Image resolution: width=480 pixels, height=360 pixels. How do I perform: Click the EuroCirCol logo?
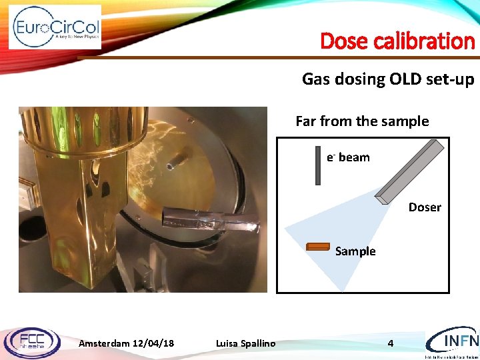[55, 27]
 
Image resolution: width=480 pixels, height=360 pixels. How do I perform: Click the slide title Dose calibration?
[397, 41]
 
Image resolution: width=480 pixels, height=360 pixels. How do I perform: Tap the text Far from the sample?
[362, 121]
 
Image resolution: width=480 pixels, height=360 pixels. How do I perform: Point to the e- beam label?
[348, 157]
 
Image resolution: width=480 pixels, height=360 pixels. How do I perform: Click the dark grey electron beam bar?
[319, 165]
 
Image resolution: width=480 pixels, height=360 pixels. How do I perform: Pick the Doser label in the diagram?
[425, 207]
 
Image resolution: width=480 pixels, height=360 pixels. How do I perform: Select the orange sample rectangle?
[318, 247]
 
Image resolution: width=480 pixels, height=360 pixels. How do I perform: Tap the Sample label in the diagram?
[355, 251]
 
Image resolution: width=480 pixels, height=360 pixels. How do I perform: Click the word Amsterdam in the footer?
[105, 343]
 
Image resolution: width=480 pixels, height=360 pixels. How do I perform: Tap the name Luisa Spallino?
[245, 343]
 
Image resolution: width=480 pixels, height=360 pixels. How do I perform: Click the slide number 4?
[391, 343]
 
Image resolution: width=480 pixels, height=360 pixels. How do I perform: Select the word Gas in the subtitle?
[315, 79]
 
